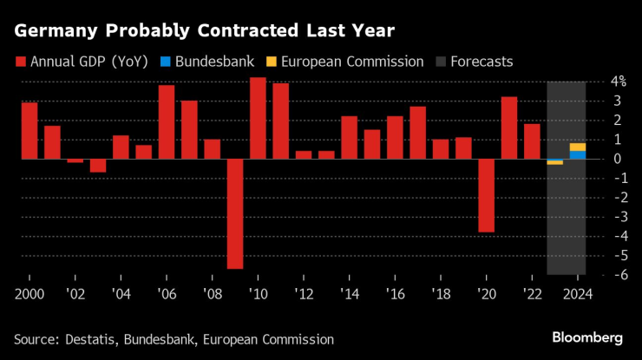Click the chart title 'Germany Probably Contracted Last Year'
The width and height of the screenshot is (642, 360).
click(204, 31)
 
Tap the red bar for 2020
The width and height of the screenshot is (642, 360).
click(486, 195)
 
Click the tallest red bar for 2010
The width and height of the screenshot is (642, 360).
click(258, 118)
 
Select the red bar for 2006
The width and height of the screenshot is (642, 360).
click(167, 121)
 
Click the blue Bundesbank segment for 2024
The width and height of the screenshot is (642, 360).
click(578, 154)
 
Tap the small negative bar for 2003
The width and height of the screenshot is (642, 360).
click(98, 166)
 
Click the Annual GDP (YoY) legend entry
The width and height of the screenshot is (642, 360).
click(81, 62)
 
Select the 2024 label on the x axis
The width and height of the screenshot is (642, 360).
click(577, 293)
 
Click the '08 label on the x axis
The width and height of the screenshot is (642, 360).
click(213, 293)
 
